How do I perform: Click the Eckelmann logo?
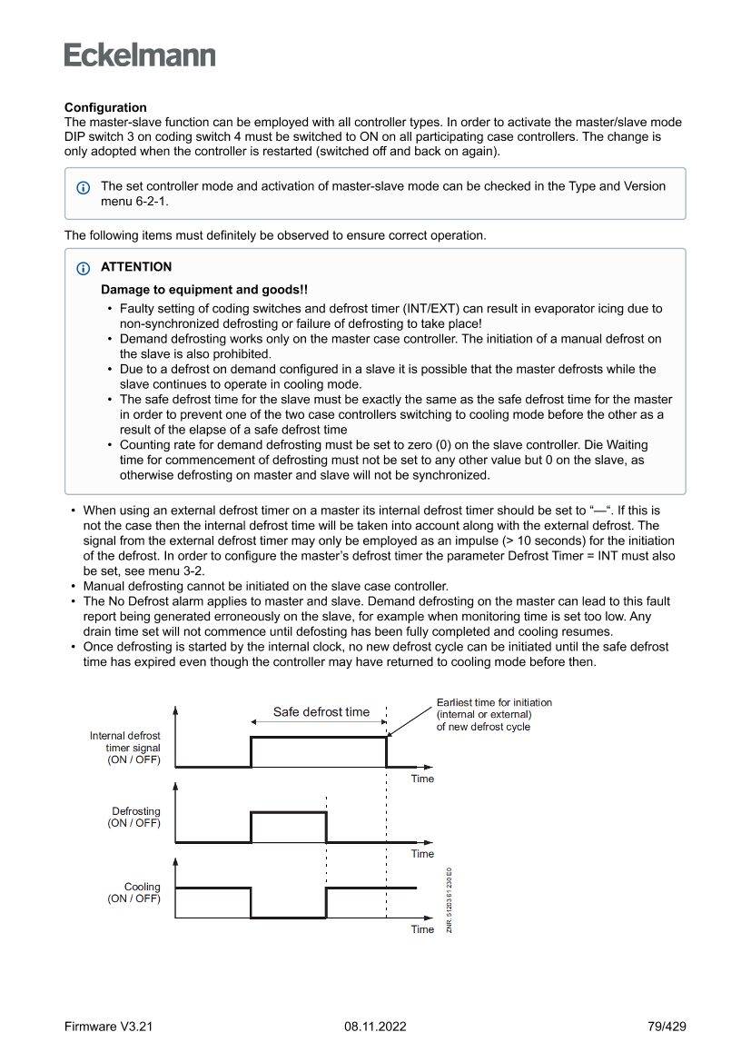pos(140,55)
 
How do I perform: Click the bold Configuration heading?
pos(105,107)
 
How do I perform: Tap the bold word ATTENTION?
pos(136,267)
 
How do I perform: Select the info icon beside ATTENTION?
pos(84,268)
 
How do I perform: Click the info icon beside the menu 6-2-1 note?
pos(84,187)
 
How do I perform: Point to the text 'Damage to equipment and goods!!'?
pos(204,290)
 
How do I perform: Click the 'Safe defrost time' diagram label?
pos(321,712)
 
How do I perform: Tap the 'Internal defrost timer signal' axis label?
pos(125,748)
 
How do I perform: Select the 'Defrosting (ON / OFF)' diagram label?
pos(135,817)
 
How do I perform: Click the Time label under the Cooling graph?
pos(422,929)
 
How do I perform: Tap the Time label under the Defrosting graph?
pos(422,854)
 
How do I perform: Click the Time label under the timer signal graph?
pos(422,779)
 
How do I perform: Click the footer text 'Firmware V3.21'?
pos(108,1027)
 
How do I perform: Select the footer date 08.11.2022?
pos(375,1027)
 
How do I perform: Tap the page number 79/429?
pos(667,1027)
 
